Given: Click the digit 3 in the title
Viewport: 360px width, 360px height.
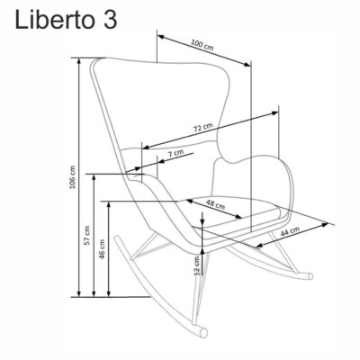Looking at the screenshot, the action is [x=110, y=20].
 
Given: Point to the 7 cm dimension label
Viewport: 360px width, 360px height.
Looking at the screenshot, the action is [x=175, y=153].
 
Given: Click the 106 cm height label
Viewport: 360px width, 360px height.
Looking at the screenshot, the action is [x=72, y=177].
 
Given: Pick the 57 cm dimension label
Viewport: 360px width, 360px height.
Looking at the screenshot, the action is [x=87, y=235].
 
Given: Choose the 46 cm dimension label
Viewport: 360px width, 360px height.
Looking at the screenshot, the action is [x=103, y=249].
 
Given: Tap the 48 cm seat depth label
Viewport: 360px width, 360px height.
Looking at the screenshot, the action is [x=215, y=204].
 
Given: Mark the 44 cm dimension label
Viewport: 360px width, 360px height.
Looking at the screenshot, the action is [x=290, y=231].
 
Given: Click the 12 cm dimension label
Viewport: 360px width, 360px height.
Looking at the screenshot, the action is [x=197, y=265].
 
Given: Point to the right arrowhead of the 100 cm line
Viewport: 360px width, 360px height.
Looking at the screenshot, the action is [x=247, y=64].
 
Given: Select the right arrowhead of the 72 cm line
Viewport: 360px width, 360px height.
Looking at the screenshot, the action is [x=275, y=112].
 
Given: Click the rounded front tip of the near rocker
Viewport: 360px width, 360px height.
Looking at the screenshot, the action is [x=204, y=332].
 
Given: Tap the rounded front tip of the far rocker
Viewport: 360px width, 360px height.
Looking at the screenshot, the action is [x=310, y=276].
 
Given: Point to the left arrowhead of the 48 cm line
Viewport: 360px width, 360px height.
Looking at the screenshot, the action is [x=188, y=201].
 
